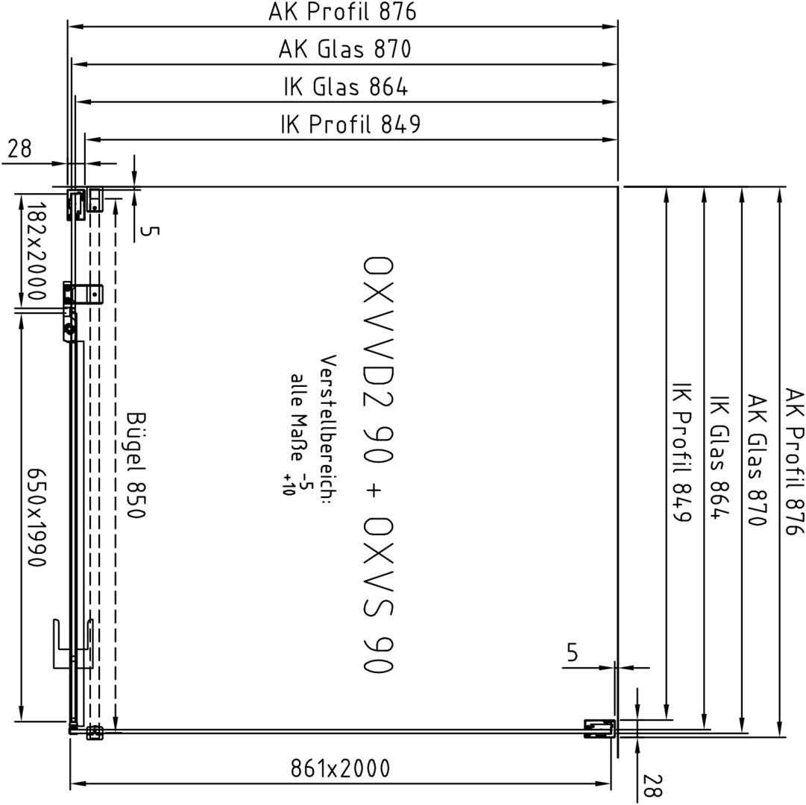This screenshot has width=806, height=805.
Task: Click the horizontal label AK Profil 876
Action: coord(341,13)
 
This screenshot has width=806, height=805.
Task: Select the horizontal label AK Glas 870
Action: coord(344,49)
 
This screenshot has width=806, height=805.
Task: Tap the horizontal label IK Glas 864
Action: coord(345,86)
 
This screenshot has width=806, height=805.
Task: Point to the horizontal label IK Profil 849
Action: coord(350,124)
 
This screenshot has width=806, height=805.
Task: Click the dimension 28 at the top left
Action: coord(19,149)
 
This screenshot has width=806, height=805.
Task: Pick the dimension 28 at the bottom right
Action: coord(652,786)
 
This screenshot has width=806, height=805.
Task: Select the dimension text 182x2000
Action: coord(37,250)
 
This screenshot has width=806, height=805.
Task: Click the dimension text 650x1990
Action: coord(37,517)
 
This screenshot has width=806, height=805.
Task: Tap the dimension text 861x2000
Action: coord(340,768)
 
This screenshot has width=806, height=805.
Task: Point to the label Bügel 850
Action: coord(136,465)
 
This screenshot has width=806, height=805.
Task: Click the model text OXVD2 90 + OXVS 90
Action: coord(378,464)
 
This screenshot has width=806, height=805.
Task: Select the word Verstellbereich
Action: coord(327,426)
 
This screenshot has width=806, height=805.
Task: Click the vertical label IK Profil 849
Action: coord(681,459)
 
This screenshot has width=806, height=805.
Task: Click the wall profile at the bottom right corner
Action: coord(600,729)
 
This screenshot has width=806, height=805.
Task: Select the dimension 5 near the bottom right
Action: coord(573,652)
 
